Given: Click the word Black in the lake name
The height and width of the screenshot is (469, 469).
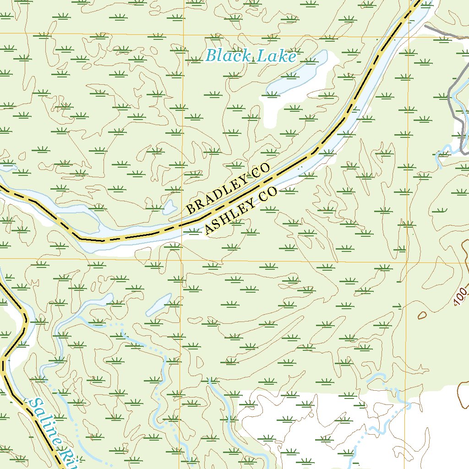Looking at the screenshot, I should coord(228,56).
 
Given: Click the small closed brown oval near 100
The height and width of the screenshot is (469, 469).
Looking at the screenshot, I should coord(422,315).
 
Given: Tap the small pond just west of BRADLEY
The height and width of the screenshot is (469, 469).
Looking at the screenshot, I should coord(169,207).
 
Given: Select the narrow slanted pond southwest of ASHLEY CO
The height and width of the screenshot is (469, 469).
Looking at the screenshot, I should coord(158,304).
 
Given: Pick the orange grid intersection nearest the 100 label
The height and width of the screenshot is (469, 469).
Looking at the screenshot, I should coord(407,262).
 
